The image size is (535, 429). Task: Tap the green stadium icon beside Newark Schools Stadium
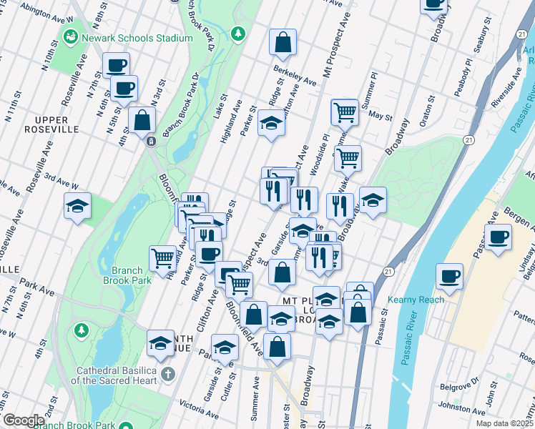point(72,36)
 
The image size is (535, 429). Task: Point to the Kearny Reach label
point(416,300)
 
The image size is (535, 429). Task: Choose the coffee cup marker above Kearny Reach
point(449,276)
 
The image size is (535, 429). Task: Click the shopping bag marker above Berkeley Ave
point(283,41)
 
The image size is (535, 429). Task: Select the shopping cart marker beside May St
point(345,112)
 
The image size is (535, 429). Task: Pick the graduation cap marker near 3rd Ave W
point(77,207)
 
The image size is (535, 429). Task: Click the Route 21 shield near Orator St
point(468,140)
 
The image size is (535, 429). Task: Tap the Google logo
point(24,420)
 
